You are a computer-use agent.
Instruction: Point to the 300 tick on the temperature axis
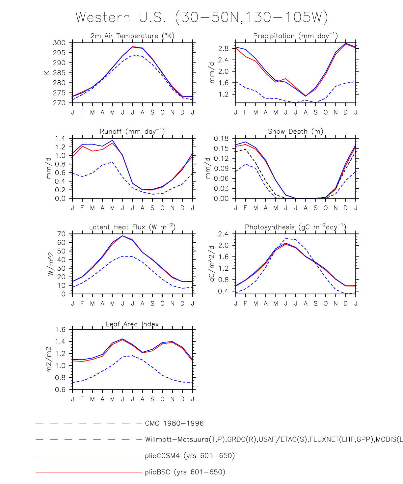60,43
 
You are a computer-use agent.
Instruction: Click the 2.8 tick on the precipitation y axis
224,49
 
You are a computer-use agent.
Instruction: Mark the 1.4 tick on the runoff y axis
60,138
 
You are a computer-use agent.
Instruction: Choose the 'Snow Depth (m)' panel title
295,131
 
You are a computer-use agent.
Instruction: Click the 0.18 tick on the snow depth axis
221,138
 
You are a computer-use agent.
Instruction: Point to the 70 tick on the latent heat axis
61,234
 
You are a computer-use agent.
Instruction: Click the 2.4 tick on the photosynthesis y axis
224,234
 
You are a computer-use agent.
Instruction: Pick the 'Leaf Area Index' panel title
132,324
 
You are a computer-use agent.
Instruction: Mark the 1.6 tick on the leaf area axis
60,330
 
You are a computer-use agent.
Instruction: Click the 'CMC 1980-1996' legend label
174,423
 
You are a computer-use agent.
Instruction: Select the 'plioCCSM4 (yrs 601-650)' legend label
190,456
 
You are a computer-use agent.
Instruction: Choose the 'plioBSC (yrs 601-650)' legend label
185,472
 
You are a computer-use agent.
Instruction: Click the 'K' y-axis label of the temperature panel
47,72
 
